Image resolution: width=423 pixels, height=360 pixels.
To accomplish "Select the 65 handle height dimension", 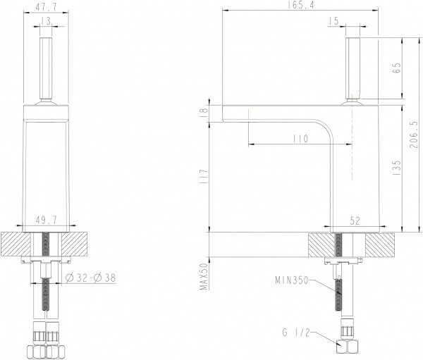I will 397,69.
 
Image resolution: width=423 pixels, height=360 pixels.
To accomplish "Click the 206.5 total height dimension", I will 415,134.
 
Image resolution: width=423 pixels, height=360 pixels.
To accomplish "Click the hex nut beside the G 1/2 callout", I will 346,346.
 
